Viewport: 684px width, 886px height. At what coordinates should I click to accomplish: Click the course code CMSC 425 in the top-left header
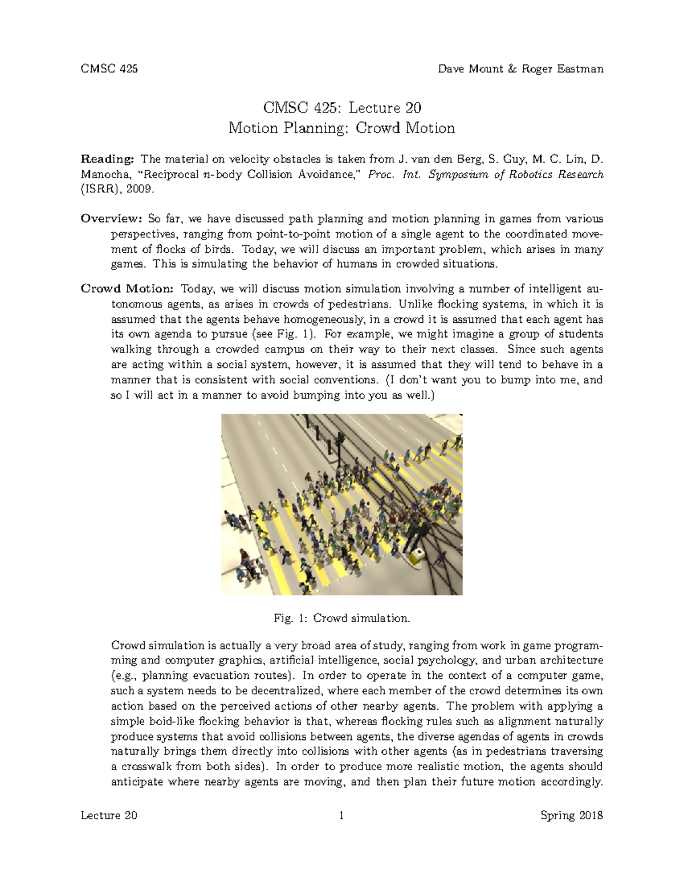tap(109, 69)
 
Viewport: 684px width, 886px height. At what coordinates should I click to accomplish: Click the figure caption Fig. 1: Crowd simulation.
tap(341, 618)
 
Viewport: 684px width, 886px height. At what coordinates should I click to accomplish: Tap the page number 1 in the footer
tap(341, 815)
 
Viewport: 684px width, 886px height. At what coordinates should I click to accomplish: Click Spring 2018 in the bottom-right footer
tap(572, 815)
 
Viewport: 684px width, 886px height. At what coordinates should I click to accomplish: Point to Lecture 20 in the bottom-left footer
tap(109, 815)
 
